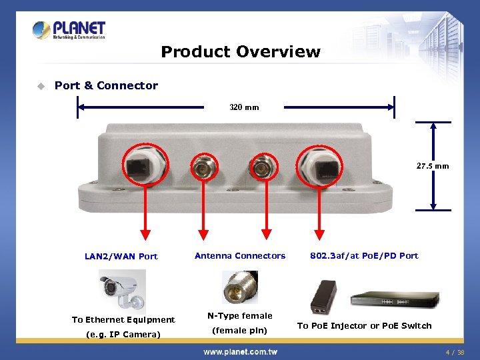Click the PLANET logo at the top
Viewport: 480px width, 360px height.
click(69, 30)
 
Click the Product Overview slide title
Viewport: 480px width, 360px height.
click(241, 52)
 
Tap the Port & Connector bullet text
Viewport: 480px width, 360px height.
click(106, 85)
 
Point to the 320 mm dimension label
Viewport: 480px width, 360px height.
click(244, 107)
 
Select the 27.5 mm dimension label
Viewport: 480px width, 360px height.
click(433, 166)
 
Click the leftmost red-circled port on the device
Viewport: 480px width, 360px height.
click(145, 166)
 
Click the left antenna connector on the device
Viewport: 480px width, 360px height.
click(204, 169)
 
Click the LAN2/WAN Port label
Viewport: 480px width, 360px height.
click(121, 256)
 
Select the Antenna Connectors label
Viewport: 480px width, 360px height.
click(240, 255)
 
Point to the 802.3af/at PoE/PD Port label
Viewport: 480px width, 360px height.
click(364, 255)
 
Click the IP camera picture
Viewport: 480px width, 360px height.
click(122, 291)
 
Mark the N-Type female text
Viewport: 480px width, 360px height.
click(240, 316)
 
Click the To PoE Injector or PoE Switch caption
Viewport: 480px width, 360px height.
click(364, 326)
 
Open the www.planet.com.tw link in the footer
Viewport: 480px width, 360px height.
click(240, 351)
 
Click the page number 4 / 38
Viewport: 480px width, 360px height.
click(455, 352)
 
